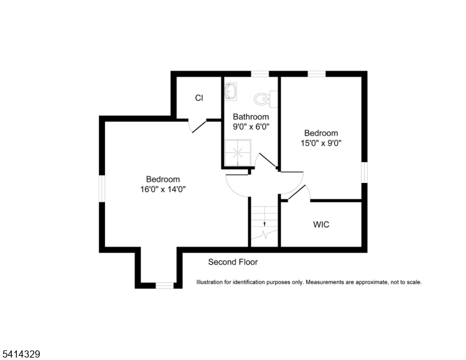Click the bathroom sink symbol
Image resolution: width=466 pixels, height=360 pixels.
pos(231,92)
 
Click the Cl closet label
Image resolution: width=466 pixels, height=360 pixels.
pos(199,98)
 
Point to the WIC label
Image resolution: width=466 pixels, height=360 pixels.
pos(321,225)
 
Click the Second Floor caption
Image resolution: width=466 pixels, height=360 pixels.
pos(233,262)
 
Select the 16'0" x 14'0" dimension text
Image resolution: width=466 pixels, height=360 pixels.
pos(163,190)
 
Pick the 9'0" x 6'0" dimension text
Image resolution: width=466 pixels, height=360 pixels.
pos(251,127)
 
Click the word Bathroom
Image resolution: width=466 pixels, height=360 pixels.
pos(251,117)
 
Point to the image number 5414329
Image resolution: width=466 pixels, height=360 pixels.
pos(21,355)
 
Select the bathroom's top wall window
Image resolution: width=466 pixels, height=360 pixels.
pos(259,74)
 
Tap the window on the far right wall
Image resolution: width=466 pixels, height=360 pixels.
pos(364,172)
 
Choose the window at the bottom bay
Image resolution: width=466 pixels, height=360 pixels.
pos(165,286)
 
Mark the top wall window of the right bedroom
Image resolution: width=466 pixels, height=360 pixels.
pos(316,74)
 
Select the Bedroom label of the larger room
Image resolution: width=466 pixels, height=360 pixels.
pos(163,179)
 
